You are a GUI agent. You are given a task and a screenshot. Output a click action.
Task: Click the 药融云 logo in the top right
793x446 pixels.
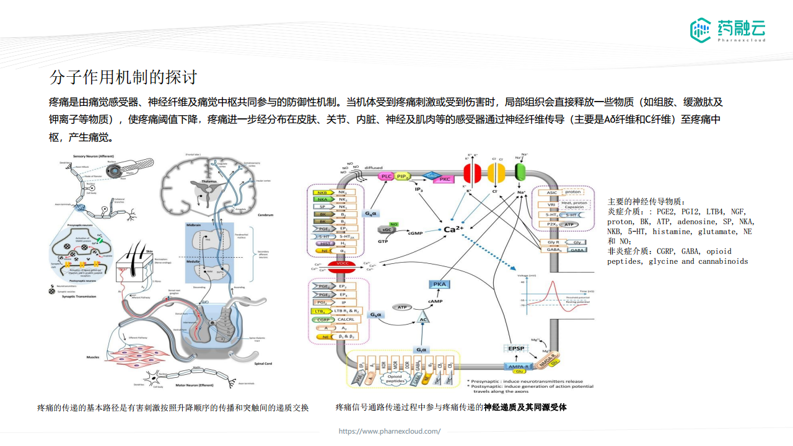(727, 30)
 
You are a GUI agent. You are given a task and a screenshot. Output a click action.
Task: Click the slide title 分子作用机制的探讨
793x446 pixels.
(123, 77)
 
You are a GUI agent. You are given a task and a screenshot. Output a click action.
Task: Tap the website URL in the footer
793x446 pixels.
(389, 431)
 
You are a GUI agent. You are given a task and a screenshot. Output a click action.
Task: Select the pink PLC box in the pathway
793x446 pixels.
(386, 177)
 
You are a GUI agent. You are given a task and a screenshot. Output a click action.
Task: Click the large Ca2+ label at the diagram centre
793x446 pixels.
(454, 229)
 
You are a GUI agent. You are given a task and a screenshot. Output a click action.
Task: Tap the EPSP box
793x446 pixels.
(516, 349)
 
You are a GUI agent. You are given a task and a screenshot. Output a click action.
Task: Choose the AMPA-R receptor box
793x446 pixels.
(518, 367)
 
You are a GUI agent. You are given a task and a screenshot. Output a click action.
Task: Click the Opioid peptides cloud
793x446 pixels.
(398, 378)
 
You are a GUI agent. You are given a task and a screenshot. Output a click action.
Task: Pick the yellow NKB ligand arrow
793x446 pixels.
(323, 193)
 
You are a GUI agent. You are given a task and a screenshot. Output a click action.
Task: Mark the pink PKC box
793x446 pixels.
(444, 179)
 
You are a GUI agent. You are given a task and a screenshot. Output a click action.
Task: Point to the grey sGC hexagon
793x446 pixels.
(387, 230)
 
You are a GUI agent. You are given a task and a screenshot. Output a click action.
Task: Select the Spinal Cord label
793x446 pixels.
(264, 363)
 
